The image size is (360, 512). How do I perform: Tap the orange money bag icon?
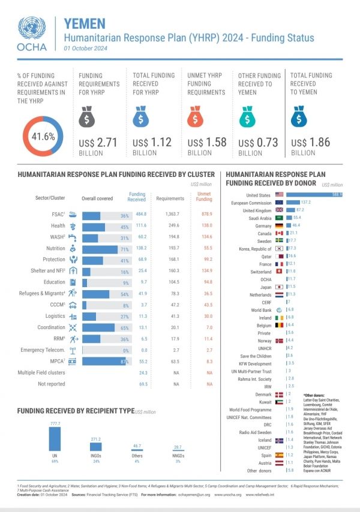point(197,118)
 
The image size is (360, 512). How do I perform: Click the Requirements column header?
point(170,197)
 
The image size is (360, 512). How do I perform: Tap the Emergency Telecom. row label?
point(43,350)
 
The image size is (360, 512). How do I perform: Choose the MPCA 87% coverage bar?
point(105,362)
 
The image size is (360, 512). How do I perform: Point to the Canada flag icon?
point(278,233)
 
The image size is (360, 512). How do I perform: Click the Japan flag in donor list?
point(278,287)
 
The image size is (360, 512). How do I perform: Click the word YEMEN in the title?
point(85,23)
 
